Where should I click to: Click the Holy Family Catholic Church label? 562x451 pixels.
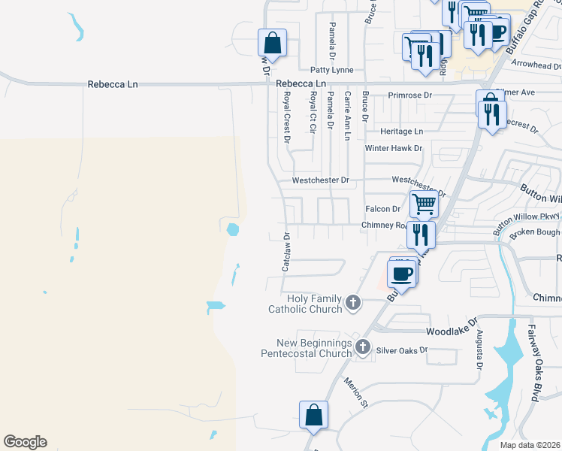coord(306,303)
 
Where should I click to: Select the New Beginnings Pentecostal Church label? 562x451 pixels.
coord(306,348)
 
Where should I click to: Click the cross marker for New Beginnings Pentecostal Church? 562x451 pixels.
coord(363,347)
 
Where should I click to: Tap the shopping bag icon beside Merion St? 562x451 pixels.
coord(313,414)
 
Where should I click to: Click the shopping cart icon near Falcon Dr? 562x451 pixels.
coord(424,203)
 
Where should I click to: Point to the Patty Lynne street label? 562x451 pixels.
coord(332,70)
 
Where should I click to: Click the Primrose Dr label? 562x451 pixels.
coord(410,95)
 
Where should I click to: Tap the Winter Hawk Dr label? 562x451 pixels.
coord(394,148)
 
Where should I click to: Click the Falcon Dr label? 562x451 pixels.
coord(382,209)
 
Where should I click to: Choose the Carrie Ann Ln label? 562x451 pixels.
coord(347,117)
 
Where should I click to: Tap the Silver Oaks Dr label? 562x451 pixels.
coord(401,350)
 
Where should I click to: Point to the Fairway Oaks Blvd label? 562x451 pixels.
coord(534,362)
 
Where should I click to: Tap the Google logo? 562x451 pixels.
coord(25,442)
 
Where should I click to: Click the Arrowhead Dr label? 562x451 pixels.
coord(536,65)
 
